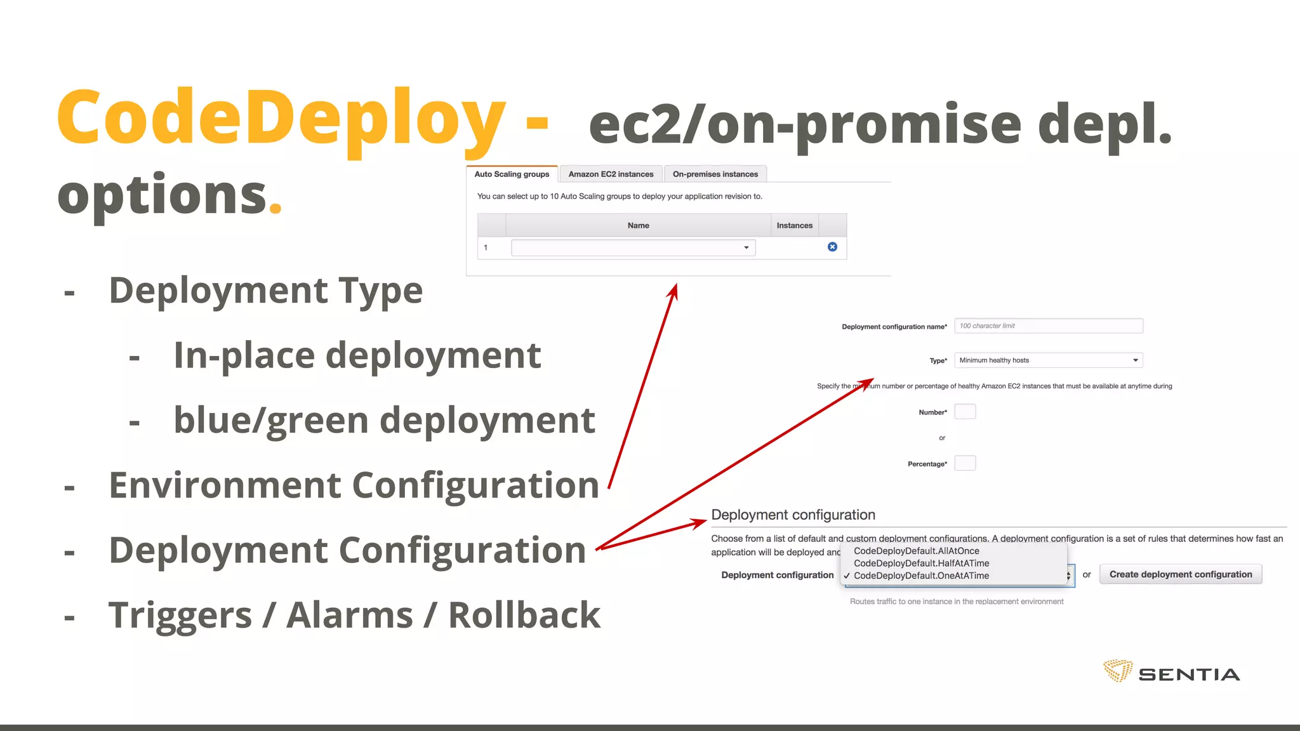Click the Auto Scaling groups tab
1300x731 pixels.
512,175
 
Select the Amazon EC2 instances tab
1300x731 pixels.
611,175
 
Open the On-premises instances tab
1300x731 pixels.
715,175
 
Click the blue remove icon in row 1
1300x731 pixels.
832,247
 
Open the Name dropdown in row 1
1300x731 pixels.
633,247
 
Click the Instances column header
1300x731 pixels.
794,225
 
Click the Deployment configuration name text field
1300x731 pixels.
1048,326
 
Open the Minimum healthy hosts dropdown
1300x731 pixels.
1048,360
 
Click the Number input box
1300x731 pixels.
965,412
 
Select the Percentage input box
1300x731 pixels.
965,463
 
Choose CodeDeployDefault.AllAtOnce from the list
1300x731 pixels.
916,551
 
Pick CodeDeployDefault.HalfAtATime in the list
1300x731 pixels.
921,563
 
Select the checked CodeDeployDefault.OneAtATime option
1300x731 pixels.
921,576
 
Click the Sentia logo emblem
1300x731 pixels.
1118,671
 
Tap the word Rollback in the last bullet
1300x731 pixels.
524,616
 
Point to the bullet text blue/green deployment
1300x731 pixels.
384,421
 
